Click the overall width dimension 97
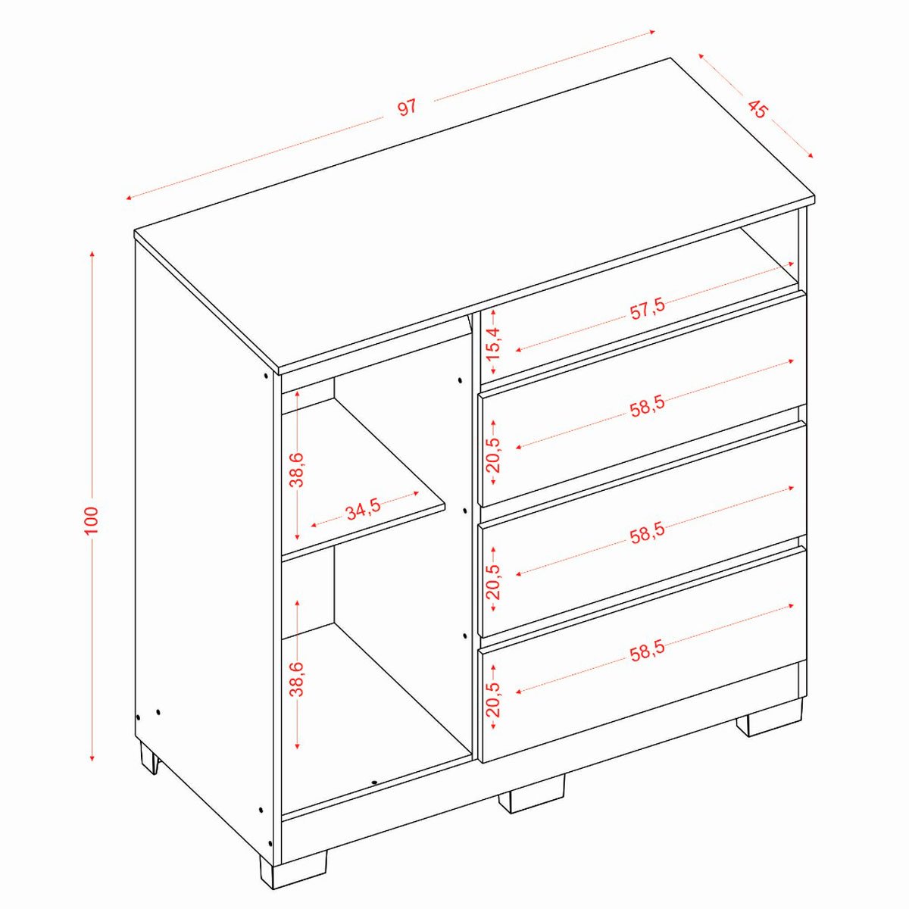[408, 107]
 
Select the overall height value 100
[91, 520]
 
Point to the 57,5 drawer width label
[647, 311]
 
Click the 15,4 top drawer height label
[495, 343]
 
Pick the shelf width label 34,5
[363, 509]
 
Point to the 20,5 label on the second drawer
[495, 455]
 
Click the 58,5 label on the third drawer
[647, 530]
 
